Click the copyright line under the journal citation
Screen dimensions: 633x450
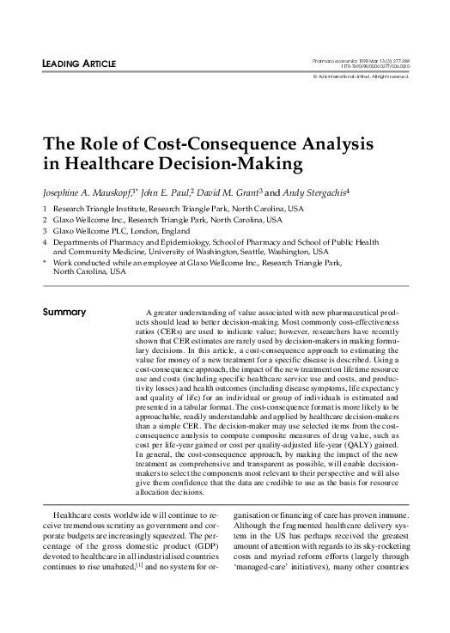(360, 77)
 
